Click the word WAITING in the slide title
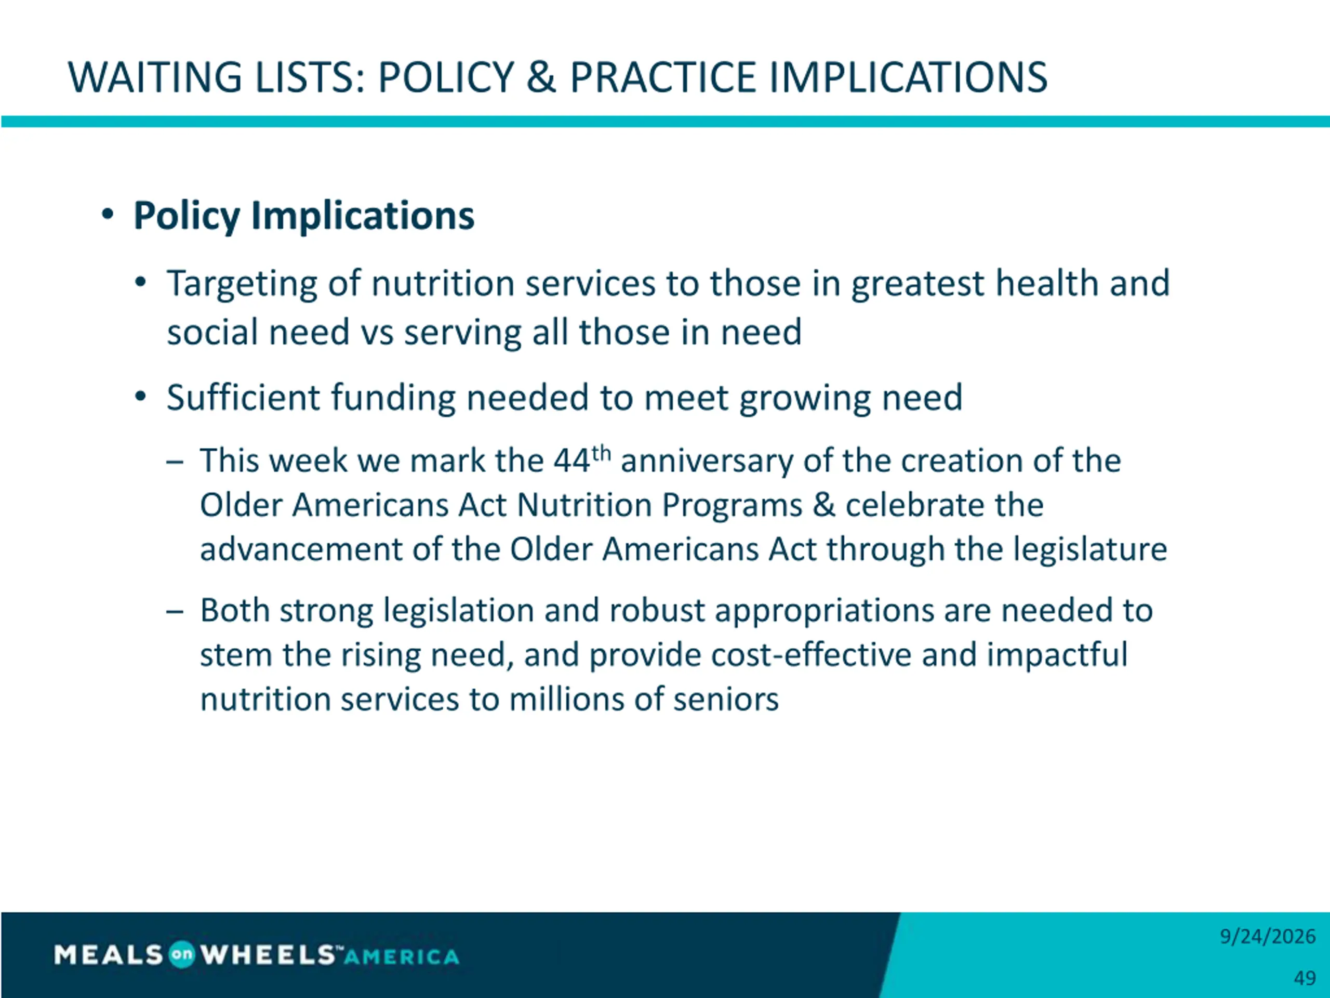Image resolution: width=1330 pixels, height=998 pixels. [x=154, y=77]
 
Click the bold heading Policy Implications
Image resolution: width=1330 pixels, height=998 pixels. [x=303, y=215]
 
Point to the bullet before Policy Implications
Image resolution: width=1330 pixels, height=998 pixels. [x=108, y=214]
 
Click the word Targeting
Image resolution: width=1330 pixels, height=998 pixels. [x=242, y=284]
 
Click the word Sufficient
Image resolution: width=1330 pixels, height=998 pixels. [x=243, y=397]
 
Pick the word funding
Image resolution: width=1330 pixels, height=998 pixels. [x=392, y=398]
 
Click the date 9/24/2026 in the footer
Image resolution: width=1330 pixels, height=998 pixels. [x=1268, y=937]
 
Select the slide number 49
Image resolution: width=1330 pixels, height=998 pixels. [x=1305, y=978]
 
